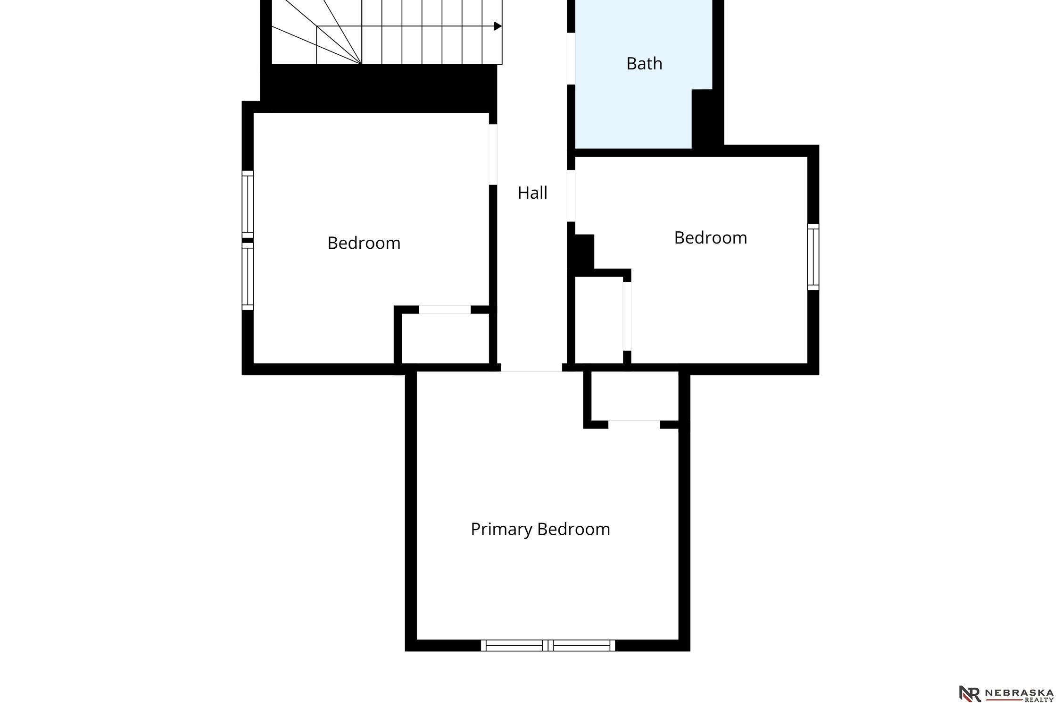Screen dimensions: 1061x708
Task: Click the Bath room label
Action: pos(644,64)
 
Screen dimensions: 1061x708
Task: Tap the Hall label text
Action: pos(532,193)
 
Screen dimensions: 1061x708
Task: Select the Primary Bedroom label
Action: pos(540,530)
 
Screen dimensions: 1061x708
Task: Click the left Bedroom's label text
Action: pos(364,243)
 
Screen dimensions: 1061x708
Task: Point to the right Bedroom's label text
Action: pos(711,238)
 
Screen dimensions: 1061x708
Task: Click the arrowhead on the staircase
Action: pos(498,26)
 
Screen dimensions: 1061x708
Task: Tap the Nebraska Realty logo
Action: pos(1006,693)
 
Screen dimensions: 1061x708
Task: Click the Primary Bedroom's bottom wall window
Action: pos(548,646)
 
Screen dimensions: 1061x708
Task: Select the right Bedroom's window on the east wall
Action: pos(813,257)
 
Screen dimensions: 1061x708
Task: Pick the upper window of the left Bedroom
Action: pos(248,204)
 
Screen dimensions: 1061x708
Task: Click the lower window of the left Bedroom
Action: pos(248,277)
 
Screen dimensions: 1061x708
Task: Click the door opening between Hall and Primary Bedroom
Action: pos(531,368)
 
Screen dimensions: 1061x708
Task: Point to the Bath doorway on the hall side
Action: pos(571,59)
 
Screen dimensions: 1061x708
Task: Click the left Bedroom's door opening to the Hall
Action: pos(493,154)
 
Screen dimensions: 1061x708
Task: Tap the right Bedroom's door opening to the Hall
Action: pos(571,196)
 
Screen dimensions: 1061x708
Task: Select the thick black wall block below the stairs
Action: pos(379,89)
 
